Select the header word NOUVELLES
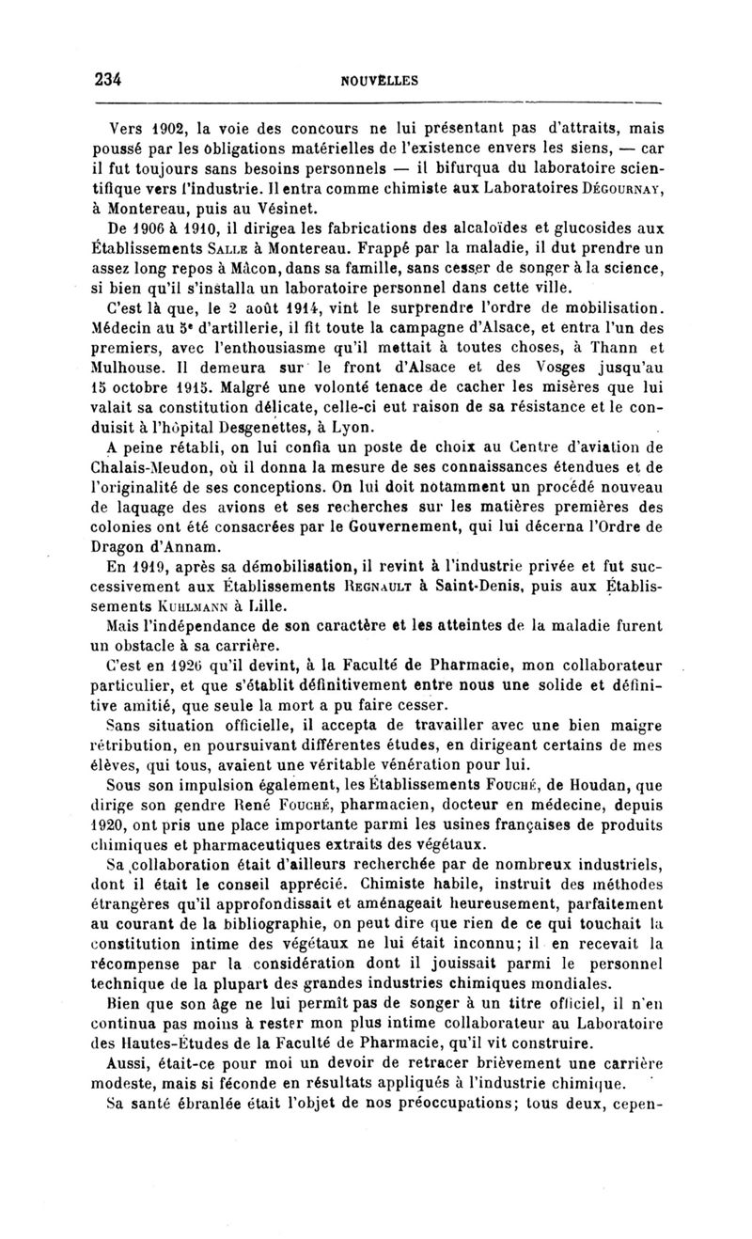pos(379,81)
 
